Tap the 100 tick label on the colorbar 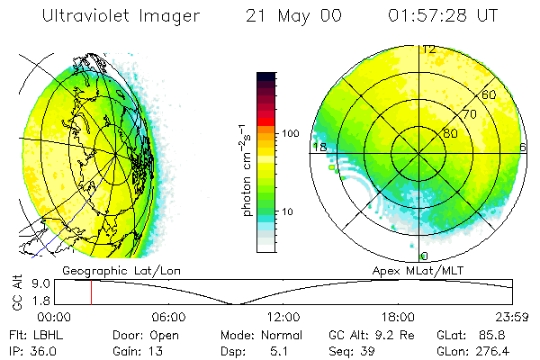point(290,133)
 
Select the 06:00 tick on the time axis point(168,317)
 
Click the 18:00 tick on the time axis point(398,317)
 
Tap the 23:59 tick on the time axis point(512,317)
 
